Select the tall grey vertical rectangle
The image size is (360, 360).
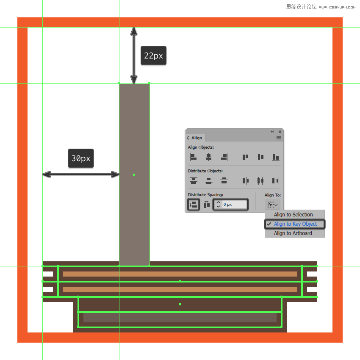click(134, 174)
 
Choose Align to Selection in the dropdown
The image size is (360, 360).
click(293, 215)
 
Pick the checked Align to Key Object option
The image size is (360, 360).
click(295, 224)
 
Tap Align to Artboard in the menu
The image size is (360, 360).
click(293, 233)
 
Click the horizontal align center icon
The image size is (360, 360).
click(208, 157)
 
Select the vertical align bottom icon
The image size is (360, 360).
click(276, 157)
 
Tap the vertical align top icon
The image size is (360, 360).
click(245, 157)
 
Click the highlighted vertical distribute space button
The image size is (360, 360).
click(194, 205)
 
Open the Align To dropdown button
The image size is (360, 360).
click(272, 205)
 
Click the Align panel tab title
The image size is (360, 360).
click(197, 138)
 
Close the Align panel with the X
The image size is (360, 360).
click(280, 132)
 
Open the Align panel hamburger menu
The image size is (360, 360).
click(279, 138)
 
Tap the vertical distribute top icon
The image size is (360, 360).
click(194, 181)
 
